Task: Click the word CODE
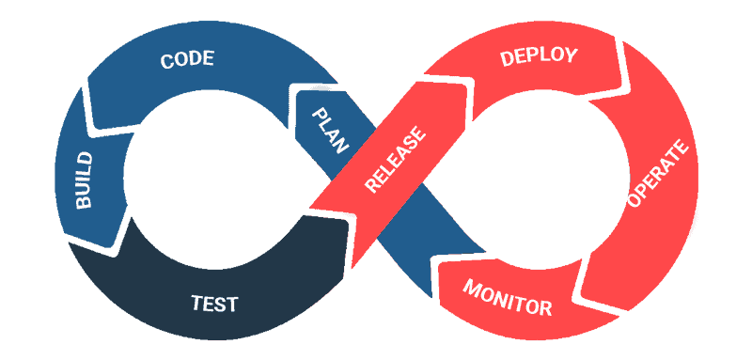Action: point(187,60)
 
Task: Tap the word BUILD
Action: point(86,178)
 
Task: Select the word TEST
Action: point(214,304)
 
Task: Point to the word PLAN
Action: point(329,129)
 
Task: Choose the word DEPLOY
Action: point(538,57)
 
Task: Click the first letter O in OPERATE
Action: point(634,205)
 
